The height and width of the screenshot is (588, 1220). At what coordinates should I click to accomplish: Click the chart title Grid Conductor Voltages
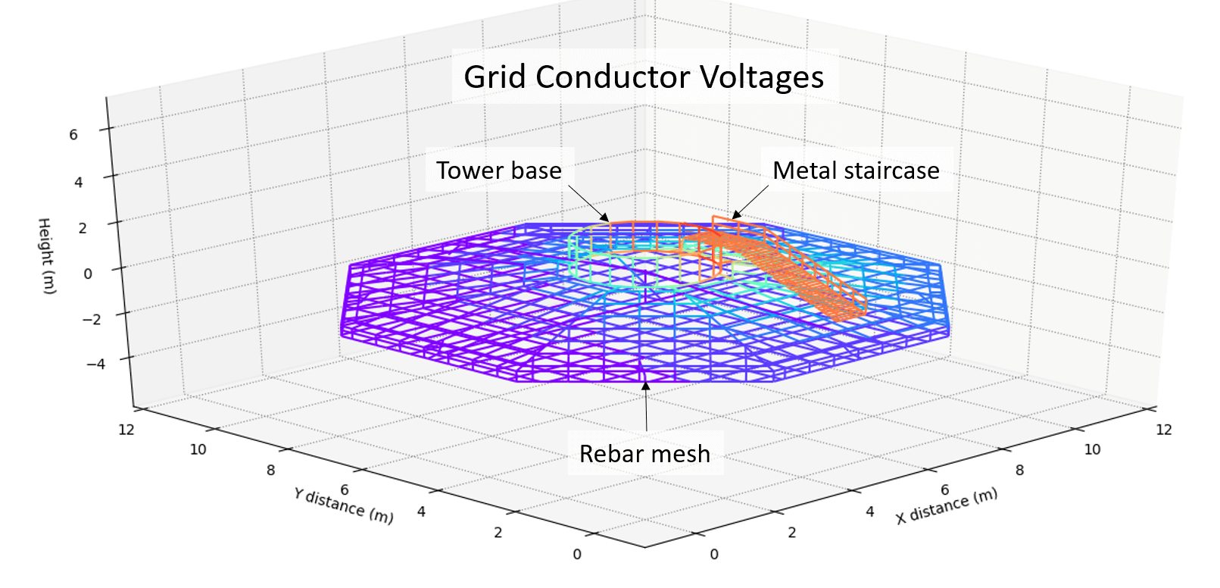(644, 77)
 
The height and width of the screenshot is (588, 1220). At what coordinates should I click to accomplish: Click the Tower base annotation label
(499, 170)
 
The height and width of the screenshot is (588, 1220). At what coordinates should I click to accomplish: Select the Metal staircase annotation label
(856, 170)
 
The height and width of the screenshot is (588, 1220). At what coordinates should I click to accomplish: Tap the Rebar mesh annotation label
(644, 453)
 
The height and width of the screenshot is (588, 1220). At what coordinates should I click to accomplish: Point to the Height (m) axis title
(46, 255)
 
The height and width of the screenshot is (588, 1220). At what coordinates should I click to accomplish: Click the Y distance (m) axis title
(344, 505)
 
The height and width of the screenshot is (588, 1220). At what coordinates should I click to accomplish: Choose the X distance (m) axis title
(947, 506)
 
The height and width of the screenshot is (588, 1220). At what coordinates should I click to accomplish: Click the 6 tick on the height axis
(73, 135)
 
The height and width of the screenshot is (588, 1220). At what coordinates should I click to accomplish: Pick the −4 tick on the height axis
(95, 364)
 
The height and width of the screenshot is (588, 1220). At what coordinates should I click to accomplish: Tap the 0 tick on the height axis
(88, 274)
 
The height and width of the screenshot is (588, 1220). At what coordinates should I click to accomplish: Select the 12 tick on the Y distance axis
(126, 430)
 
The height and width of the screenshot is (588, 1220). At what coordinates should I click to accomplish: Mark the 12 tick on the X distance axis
(1163, 430)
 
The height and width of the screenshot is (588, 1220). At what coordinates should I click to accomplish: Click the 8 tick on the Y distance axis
(270, 471)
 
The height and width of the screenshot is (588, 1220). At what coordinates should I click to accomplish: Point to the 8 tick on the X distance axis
(1019, 471)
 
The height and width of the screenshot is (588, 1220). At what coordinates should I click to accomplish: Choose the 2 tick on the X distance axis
(792, 533)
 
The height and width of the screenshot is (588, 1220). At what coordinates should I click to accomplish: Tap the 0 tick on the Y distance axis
(577, 554)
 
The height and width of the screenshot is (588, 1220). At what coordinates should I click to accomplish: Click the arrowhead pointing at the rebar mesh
(645, 386)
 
